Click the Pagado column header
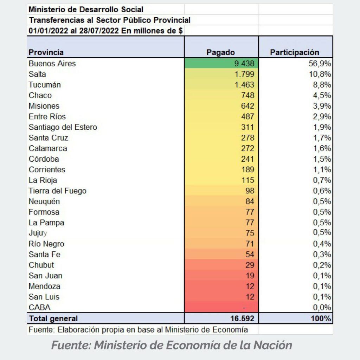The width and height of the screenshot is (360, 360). point(220,52)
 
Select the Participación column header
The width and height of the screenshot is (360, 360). point(295,52)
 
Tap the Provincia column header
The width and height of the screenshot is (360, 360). point(46,52)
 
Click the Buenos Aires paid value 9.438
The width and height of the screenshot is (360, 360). point(244,63)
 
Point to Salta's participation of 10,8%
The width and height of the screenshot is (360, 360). point(320,74)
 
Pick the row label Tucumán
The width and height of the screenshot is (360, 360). point(45,84)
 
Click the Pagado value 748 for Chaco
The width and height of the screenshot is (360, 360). point(247,95)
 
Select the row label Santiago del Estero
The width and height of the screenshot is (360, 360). point(63,127)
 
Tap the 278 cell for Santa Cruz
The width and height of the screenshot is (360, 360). point(247,137)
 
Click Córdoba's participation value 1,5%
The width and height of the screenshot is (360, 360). point(322,159)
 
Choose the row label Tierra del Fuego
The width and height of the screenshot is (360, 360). point(57,191)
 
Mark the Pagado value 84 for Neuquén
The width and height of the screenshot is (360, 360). point(250,201)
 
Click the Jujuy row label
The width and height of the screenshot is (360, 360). point(38,233)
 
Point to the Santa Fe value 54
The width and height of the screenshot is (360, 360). point(250,255)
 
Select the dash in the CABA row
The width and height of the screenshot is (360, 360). point(244,308)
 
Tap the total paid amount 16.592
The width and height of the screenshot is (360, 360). point(242,319)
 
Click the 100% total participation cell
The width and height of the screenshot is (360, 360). point(321,319)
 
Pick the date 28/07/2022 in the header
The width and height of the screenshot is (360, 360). point(99,31)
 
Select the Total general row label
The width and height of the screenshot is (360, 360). point(53,319)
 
